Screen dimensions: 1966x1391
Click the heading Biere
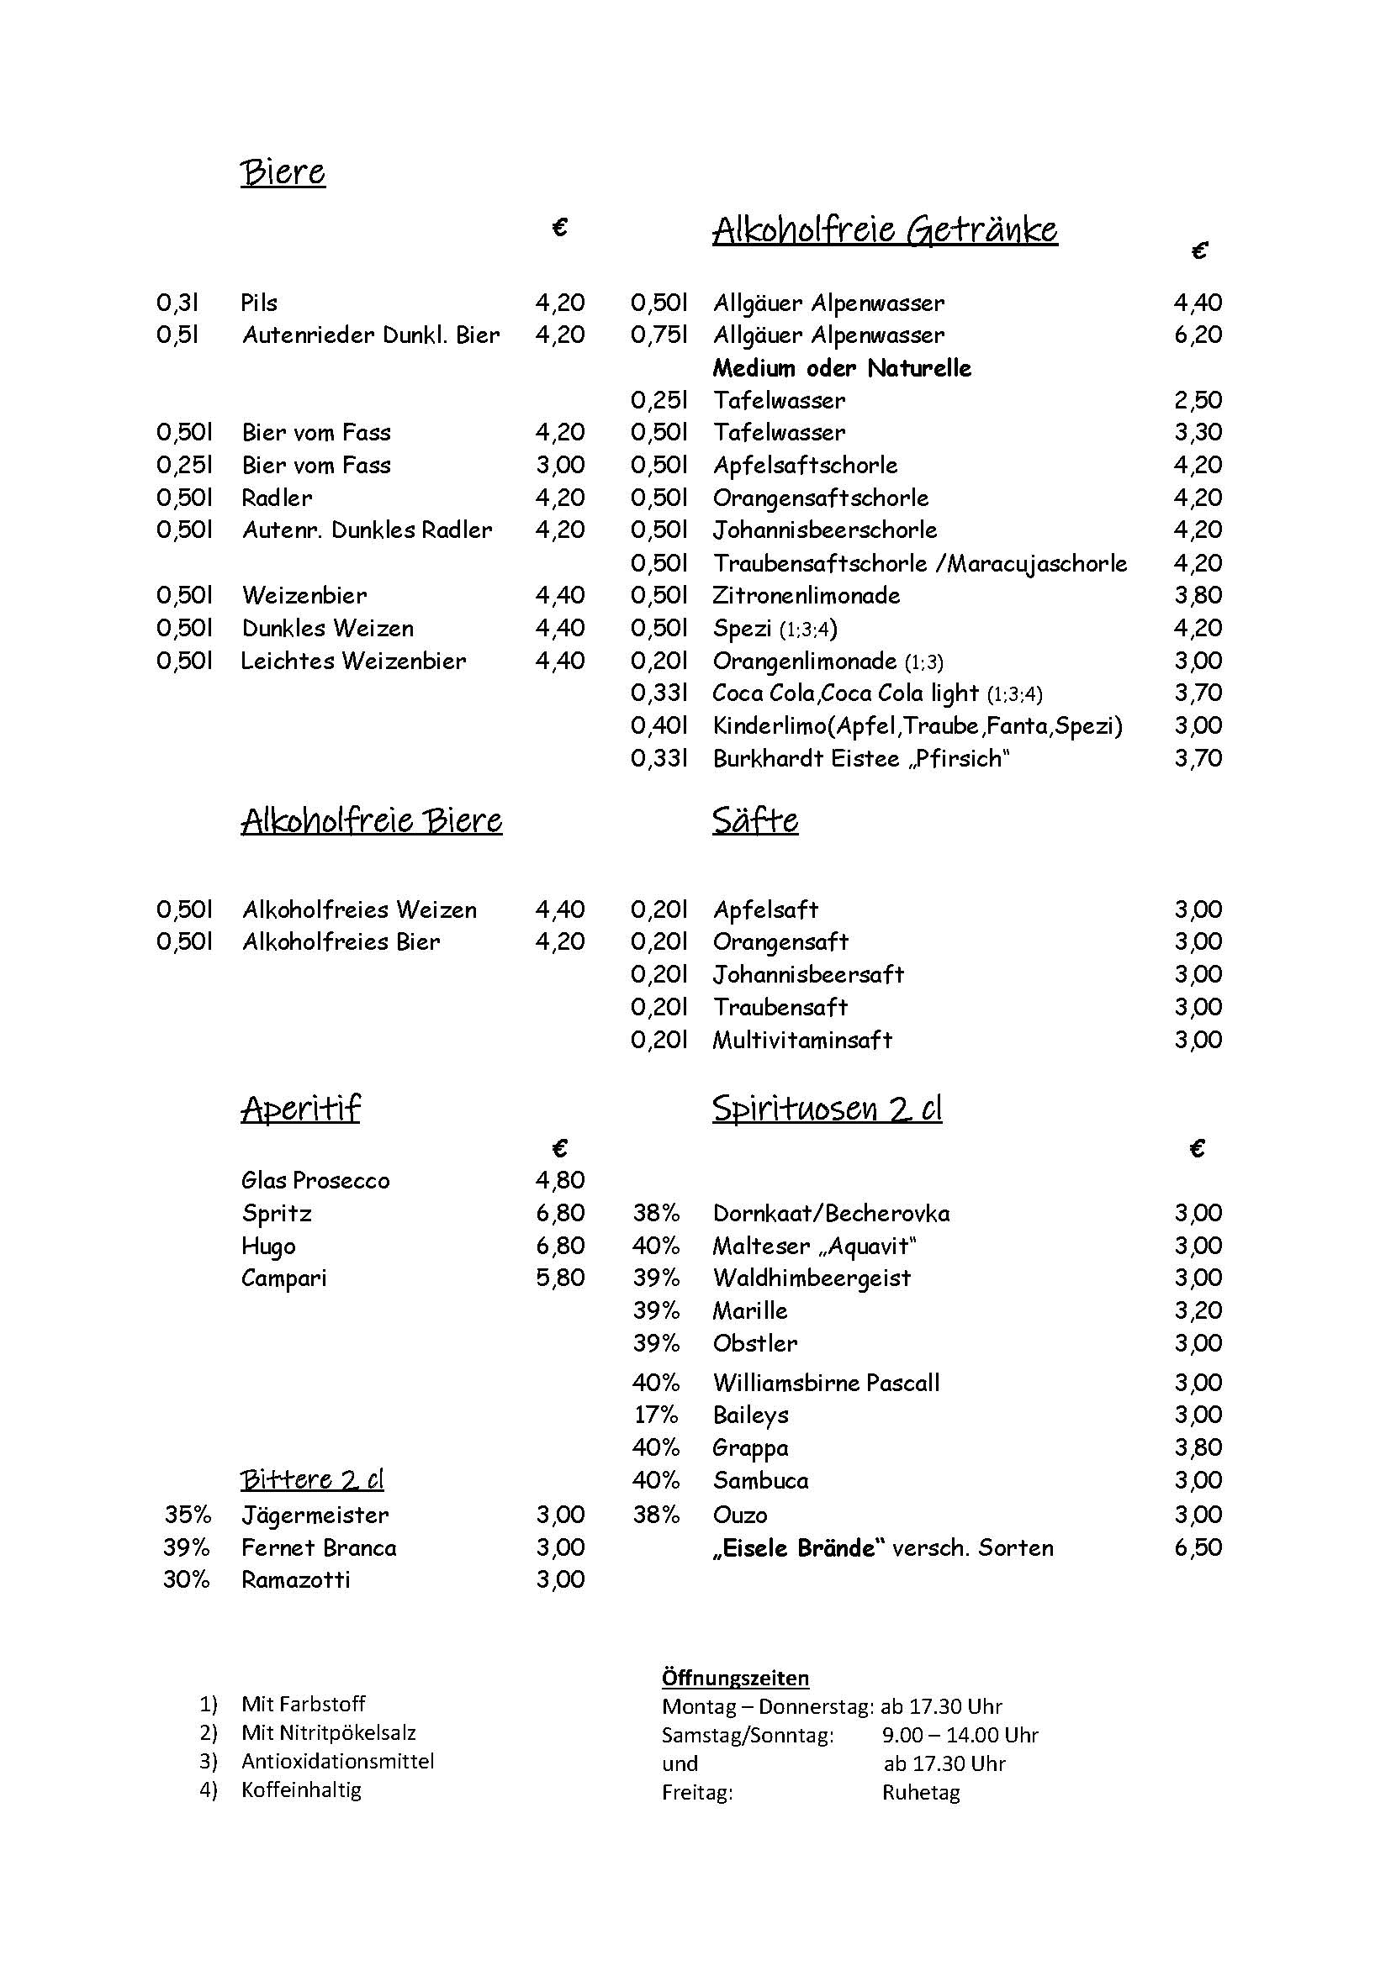[283, 172]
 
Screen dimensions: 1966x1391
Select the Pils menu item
[260, 303]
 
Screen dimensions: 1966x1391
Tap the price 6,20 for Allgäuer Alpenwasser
[1198, 335]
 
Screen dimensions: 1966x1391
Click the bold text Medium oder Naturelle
[842, 368]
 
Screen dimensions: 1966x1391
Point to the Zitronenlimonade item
[806, 596]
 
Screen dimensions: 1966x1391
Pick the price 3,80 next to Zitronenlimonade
[1198, 596]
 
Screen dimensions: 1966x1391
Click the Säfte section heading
[754, 820]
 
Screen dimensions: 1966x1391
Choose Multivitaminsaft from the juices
[802, 1041]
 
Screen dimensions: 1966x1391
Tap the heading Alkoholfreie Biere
[371, 820]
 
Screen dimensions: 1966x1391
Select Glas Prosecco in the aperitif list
[315, 1181]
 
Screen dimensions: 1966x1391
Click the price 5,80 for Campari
[560, 1278]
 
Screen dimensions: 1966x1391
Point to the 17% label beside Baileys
[656, 1415]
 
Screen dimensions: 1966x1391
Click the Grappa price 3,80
[1198, 1448]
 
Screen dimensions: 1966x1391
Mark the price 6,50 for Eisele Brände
[1198, 1548]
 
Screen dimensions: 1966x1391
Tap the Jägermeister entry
[315, 1515]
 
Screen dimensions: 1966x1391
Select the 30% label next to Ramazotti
[187, 1580]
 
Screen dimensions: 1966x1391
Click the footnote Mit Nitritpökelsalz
[329, 1733]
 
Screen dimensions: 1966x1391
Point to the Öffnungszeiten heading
[735, 1678]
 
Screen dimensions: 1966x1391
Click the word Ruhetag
[921, 1793]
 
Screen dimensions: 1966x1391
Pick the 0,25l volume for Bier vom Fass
[184, 466]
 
